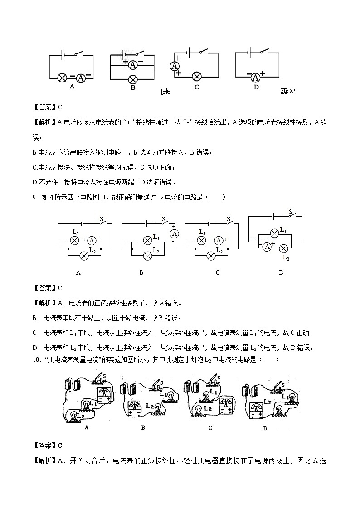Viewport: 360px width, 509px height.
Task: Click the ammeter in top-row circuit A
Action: click(81, 78)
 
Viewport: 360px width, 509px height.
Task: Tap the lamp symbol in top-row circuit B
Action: click(133, 78)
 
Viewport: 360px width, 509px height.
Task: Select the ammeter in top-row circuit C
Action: click(174, 66)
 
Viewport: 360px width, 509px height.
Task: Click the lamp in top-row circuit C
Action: click(197, 76)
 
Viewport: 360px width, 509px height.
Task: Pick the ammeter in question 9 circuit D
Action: click(267, 247)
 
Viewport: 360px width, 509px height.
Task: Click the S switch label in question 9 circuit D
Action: click(291, 211)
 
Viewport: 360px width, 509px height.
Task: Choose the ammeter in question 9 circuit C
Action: click(219, 240)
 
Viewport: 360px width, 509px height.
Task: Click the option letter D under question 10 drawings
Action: click(265, 428)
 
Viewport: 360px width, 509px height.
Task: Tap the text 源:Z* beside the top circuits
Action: click(288, 91)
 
